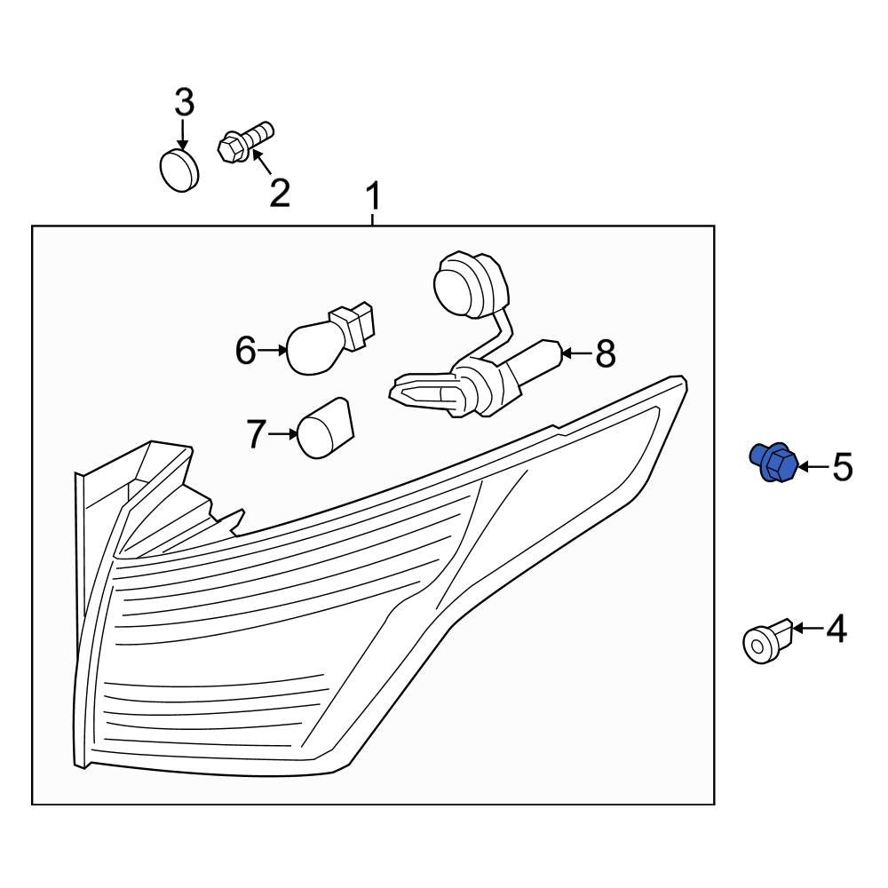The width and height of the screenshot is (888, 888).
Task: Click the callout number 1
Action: coord(373,195)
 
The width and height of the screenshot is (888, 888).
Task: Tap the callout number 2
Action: coord(280,193)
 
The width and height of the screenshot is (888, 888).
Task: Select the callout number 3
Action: coord(184,102)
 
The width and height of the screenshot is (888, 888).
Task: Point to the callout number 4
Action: coord(836,629)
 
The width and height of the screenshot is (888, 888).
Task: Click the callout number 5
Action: coord(842,467)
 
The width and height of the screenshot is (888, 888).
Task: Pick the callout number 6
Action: coord(246,350)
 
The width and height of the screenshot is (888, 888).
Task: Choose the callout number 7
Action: coord(256,434)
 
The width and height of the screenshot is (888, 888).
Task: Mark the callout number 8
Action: coord(606,353)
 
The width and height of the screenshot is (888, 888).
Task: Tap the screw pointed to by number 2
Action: coord(245,142)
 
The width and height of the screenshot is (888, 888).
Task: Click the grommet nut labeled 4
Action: coord(765,641)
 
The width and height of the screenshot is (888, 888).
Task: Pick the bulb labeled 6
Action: coord(329,339)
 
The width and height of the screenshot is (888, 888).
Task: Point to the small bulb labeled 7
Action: coord(324,428)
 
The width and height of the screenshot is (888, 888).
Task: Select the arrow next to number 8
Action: coord(576,353)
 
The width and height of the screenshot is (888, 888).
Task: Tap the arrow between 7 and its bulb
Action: coord(282,434)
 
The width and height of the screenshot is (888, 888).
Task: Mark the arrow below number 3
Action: coord(182,134)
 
